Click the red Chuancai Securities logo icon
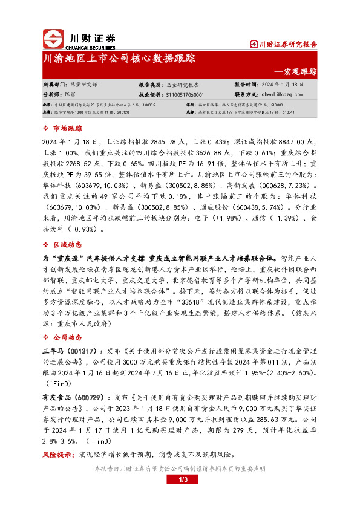[x=53, y=39]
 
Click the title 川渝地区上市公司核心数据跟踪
[x=119, y=59]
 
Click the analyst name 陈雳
[x=70, y=94]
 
